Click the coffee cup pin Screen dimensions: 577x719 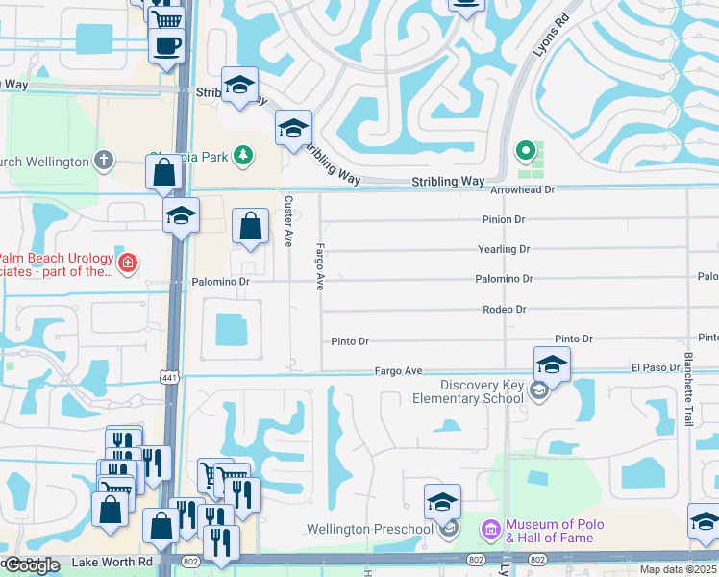pyautogui.click(x=165, y=46)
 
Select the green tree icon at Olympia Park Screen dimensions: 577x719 pyautogui.click(x=245, y=154)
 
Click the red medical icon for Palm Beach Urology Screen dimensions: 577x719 pyautogui.click(x=127, y=263)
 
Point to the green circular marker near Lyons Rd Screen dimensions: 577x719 pyautogui.click(x=525, y=150)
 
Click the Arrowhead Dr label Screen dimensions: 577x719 pyautogui.click(x=523, y=190)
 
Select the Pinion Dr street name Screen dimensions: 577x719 pyautogui.click(x=504, y=220)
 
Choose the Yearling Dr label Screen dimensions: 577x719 pyautogui.click(x=504, y=249)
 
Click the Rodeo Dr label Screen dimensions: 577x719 pyautogui.click(x=505, y=310)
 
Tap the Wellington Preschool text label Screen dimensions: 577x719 pyautogui.click(x=370, y=530)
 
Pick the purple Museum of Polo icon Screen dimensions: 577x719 pyautogui.click(x=490, y=529)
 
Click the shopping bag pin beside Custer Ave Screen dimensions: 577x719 pyautogui.click(x=250, y=229)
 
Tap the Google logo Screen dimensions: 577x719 pyautogui.click(x=31, y=565)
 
